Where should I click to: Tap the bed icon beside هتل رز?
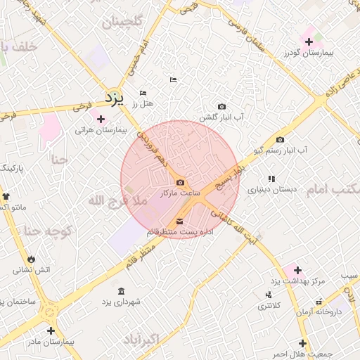point(143,93)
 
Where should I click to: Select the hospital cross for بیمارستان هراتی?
point(101,119)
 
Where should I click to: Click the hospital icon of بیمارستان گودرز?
point(309,41)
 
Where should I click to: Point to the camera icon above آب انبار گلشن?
point(222,106)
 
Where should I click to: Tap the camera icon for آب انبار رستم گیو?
point(280,139)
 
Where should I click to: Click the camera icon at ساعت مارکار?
point(181,182)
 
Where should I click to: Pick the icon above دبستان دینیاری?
point(271,179)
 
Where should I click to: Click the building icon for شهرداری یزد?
point(122,291)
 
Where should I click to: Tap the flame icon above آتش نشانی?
point(30,259)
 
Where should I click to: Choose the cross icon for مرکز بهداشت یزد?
point(297,270)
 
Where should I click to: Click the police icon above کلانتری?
point(268,295)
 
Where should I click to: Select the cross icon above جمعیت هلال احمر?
point(302,343)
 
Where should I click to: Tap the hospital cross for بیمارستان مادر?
point(51,330)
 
